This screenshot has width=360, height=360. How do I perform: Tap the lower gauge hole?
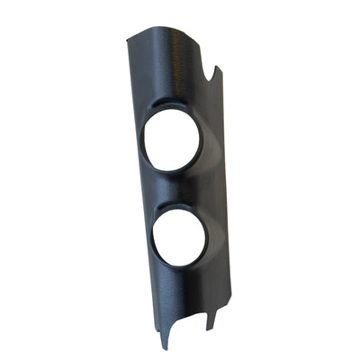[179, 236]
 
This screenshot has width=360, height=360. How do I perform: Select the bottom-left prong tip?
[164, 346]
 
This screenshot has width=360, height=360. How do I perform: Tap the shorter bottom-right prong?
[210, 325]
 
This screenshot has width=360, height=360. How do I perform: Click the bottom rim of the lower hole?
[182, 266]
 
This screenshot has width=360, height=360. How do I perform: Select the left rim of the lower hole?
[153, 236]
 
